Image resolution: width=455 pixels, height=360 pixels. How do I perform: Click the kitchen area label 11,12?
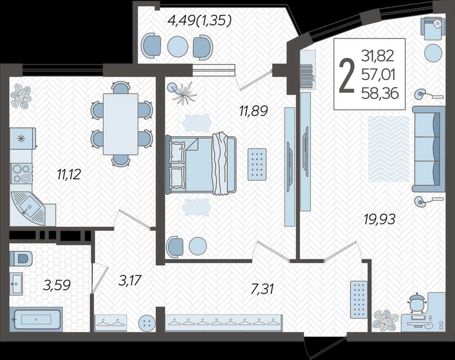pos(69,174)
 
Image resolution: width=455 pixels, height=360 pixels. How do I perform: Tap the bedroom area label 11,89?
pos(254,111)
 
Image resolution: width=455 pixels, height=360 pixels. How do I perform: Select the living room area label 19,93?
pos(379,219)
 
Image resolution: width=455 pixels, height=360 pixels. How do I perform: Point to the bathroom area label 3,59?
pos(57,285)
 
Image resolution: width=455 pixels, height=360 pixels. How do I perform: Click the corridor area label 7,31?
pos(262,289)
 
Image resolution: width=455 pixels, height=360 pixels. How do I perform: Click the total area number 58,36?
pos(380,93)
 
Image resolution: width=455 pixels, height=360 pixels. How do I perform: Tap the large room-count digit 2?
pos(347,76)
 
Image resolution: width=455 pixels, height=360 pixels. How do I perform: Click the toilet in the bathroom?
pos(21,258)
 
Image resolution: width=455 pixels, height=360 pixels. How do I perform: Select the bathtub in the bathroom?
pos(36,319)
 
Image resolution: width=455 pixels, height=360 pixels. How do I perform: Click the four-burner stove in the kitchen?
pos(21,174)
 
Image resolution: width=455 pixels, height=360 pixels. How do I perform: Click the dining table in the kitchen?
pos(121,124)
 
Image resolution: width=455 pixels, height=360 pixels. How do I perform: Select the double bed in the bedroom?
pos(201,165)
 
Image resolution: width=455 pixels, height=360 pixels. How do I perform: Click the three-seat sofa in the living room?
pos(429,149)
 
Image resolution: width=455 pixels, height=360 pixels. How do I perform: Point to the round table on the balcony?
pos(178,46)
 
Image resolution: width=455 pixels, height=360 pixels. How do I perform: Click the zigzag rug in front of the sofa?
pos(389,149)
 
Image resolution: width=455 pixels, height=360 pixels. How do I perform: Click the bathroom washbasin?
pos(16,284)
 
